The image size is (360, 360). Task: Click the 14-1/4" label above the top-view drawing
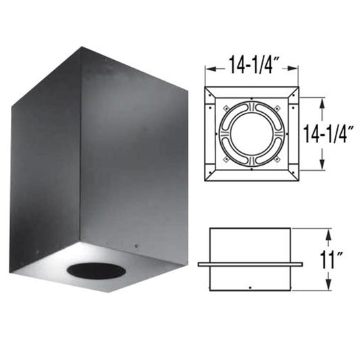point(251,68)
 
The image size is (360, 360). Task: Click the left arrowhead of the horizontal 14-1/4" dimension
point(207,68)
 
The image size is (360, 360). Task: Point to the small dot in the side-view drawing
point(250,289)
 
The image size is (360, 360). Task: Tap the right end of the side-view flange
point(300,263)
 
